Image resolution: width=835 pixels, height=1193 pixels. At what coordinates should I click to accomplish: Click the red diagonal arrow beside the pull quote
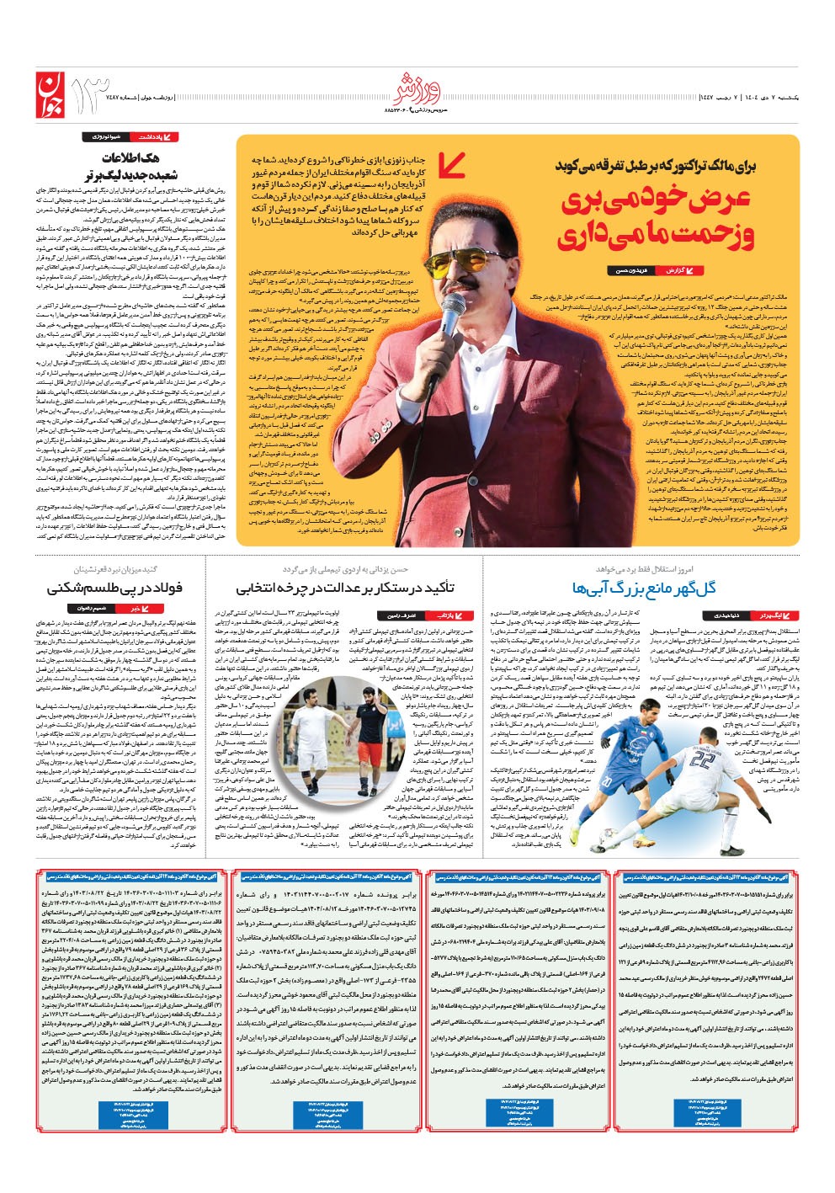(x=453, y=164)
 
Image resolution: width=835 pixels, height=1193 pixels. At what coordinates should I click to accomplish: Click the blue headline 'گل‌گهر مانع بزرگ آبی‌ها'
(x=644, y=587)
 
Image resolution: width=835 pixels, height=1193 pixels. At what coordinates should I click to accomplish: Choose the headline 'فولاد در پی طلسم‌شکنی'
(x=114, y=587)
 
